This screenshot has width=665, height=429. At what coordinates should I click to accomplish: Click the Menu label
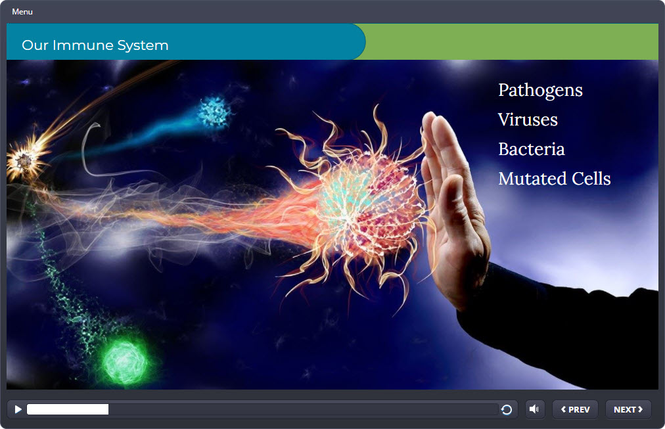coord(22,12)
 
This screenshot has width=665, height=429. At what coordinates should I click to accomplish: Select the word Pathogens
coord(540,90)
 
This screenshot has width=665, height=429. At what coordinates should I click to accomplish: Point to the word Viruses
coord(528,120)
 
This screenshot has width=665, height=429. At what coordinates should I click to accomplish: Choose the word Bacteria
coord(532,149)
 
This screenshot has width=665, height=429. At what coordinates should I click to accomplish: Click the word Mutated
coord(532,179)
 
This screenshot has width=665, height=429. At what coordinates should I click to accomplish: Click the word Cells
coord(591,179)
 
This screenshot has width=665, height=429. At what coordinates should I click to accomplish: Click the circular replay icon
coord(507,409)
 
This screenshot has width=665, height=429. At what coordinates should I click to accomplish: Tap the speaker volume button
coord(534,409)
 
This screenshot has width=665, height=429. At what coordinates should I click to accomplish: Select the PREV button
coord(575,409)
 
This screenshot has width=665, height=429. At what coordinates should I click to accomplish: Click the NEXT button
coord(628,409)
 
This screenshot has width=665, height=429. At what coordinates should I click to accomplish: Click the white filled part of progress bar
coord(68,409)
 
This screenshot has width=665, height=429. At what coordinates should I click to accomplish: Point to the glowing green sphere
coord(125,362)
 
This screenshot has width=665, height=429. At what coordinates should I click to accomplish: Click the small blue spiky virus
coord(214,112)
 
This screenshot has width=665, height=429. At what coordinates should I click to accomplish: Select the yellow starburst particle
coord(26,159)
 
